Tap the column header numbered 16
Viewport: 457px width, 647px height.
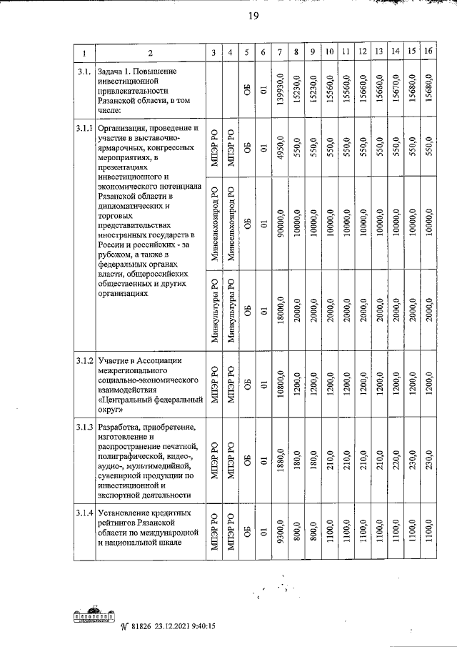[x=428, y=51]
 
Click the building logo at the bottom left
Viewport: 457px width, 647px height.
[x=95, y=620]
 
